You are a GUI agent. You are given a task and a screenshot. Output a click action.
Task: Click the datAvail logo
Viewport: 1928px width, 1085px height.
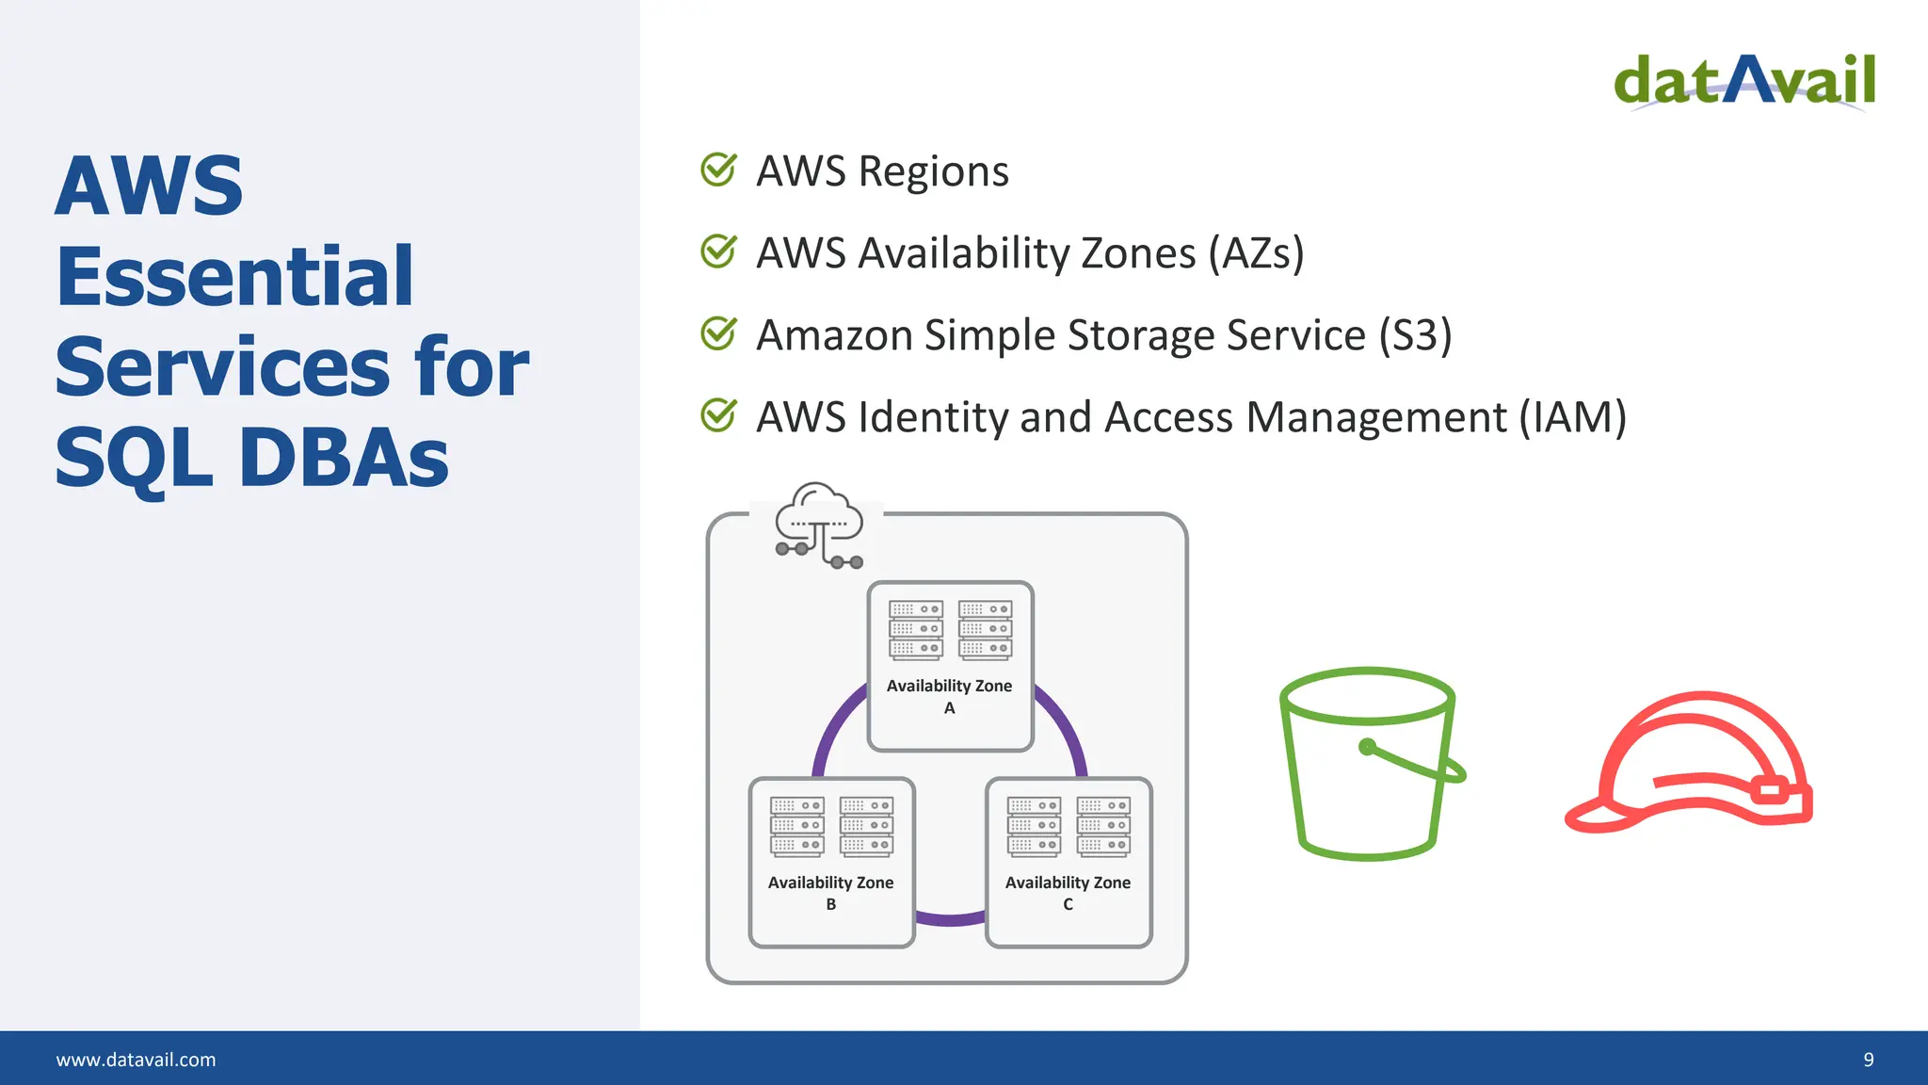pyautogui.click(x=1744, y=81)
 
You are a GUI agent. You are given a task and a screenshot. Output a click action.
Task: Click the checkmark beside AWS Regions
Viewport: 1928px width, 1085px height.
pyautogui.click(x=718, y=170)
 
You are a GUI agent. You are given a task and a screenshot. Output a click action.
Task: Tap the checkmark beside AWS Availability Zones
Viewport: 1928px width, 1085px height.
pyautogui.click(x=718, y=251)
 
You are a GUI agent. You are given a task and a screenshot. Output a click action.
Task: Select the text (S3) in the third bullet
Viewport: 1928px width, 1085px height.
pyautogui.click(x=1415, y=335)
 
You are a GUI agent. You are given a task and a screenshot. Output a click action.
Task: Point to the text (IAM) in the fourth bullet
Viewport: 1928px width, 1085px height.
pyautogui.click(x=1572, y=417)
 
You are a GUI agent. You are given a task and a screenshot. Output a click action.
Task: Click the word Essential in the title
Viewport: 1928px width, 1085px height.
pyautogui.click(x=234, y=276)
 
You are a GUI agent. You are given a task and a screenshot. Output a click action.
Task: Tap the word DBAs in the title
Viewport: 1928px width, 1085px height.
pyautogui.click(x=345, y=459)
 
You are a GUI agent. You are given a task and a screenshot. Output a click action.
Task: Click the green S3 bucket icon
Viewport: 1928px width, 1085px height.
pyautogui.click(x=1368, y=763)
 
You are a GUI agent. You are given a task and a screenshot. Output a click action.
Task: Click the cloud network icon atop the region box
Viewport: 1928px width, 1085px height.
pyautogui.click(x=818, y=525)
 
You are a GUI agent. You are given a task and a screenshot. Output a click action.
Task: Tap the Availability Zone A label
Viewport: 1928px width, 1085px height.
pyautogui.click(x=949, y=696)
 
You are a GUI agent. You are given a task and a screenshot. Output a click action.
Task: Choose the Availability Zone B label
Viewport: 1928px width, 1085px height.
pyautogui.click(x=830, y=892)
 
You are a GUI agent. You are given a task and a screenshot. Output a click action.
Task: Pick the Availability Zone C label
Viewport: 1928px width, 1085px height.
pyautogui.click(x=1068, y=892)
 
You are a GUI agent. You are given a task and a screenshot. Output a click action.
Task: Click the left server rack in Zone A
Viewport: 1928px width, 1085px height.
pyautogui.click(x=915, y=629)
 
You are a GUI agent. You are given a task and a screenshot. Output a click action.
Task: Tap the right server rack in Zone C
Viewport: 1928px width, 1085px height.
pyautogui.click(x=1103, y=826)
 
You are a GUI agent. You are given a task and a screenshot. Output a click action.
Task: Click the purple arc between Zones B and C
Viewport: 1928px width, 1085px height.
pyautogui.click(x=950, y=919)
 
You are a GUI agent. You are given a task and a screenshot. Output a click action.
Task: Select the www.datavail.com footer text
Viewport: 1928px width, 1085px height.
pyautogui.click(x=136, y=1060)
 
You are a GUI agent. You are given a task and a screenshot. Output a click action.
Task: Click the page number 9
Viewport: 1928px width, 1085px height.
pyautogui.click(x=1869, y=1060)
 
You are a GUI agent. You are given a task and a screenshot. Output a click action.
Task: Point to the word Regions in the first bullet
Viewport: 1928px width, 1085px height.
pyautogui.click(x=933, y=171)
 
